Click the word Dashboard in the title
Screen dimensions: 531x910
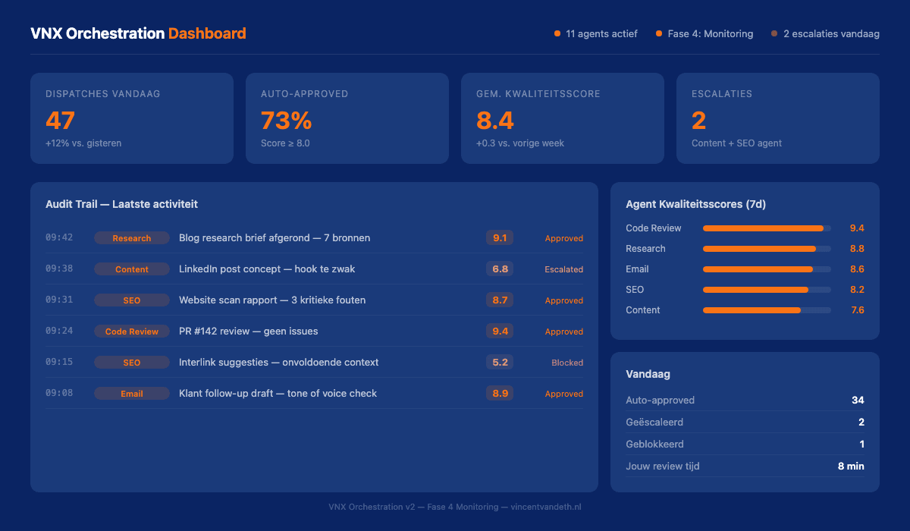pyautogui.click(x=207, y=33)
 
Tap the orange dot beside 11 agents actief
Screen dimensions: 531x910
pyautogui.click(x=557, y=33)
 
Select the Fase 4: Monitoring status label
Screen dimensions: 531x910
pyautogui.click(x=711, y=33)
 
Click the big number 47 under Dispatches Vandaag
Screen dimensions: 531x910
pyautogui.click(x=61, y=121)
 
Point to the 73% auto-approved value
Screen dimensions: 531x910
pyautogui.click(x=286, y=121)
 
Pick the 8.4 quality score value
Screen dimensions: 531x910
pyautogui.click(x=495, y=121)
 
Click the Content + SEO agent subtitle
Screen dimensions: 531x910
pyautogui.click(x=736, y=143)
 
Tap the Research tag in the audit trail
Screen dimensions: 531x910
pyautogui.click(x=132, y=238)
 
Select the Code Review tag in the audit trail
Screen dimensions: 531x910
pyautogui.click(x=132, y=331)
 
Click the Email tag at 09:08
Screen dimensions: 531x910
pyautogui.click(x=132, y=394)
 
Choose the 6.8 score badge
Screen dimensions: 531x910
pyautogui.click(x=500, y=269)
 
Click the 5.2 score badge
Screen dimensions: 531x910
pyautogui.click(x=500, y=363)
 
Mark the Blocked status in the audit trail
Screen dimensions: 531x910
pyautogui.click(x=567, y=363)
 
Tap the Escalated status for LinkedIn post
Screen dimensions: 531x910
pyautogui.click(x=563, y=269)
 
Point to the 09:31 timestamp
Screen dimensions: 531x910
pyautogui.click(x=59, y=300)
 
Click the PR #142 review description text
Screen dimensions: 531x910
pyautogui.click(x=248, y=331)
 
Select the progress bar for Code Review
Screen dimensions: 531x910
pyautogui.click(x=766, y=228)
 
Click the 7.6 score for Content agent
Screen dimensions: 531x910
pyautogui.click(x=857, y=310)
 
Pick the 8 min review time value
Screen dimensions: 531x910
pyautogui.click(x=851, y=467)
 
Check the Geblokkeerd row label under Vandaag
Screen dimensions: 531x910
pyautogui.click(x=655, y=445)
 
